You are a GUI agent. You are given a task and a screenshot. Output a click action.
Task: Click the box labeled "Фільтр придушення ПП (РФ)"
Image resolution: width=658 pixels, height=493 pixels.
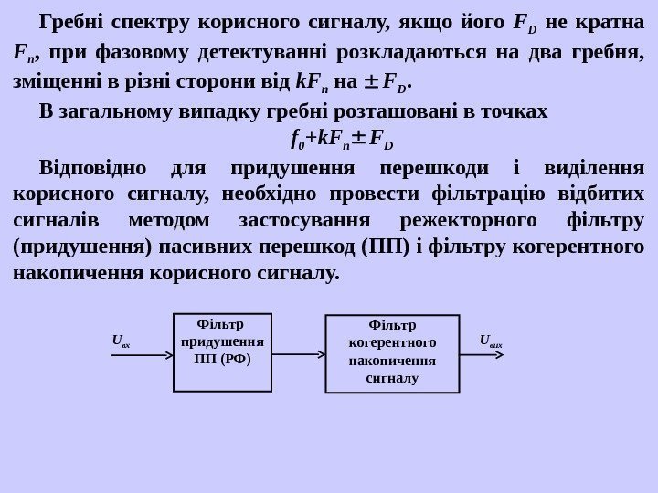[x=222, y=351]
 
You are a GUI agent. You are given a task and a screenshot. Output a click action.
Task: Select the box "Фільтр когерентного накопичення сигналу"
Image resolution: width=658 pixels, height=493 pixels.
[x=392, y=354]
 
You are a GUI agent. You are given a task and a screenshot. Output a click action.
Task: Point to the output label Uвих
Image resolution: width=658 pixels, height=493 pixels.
[x=490, y=341]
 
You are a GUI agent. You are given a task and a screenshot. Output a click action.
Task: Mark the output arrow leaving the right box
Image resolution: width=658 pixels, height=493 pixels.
[x=483, y=354]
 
